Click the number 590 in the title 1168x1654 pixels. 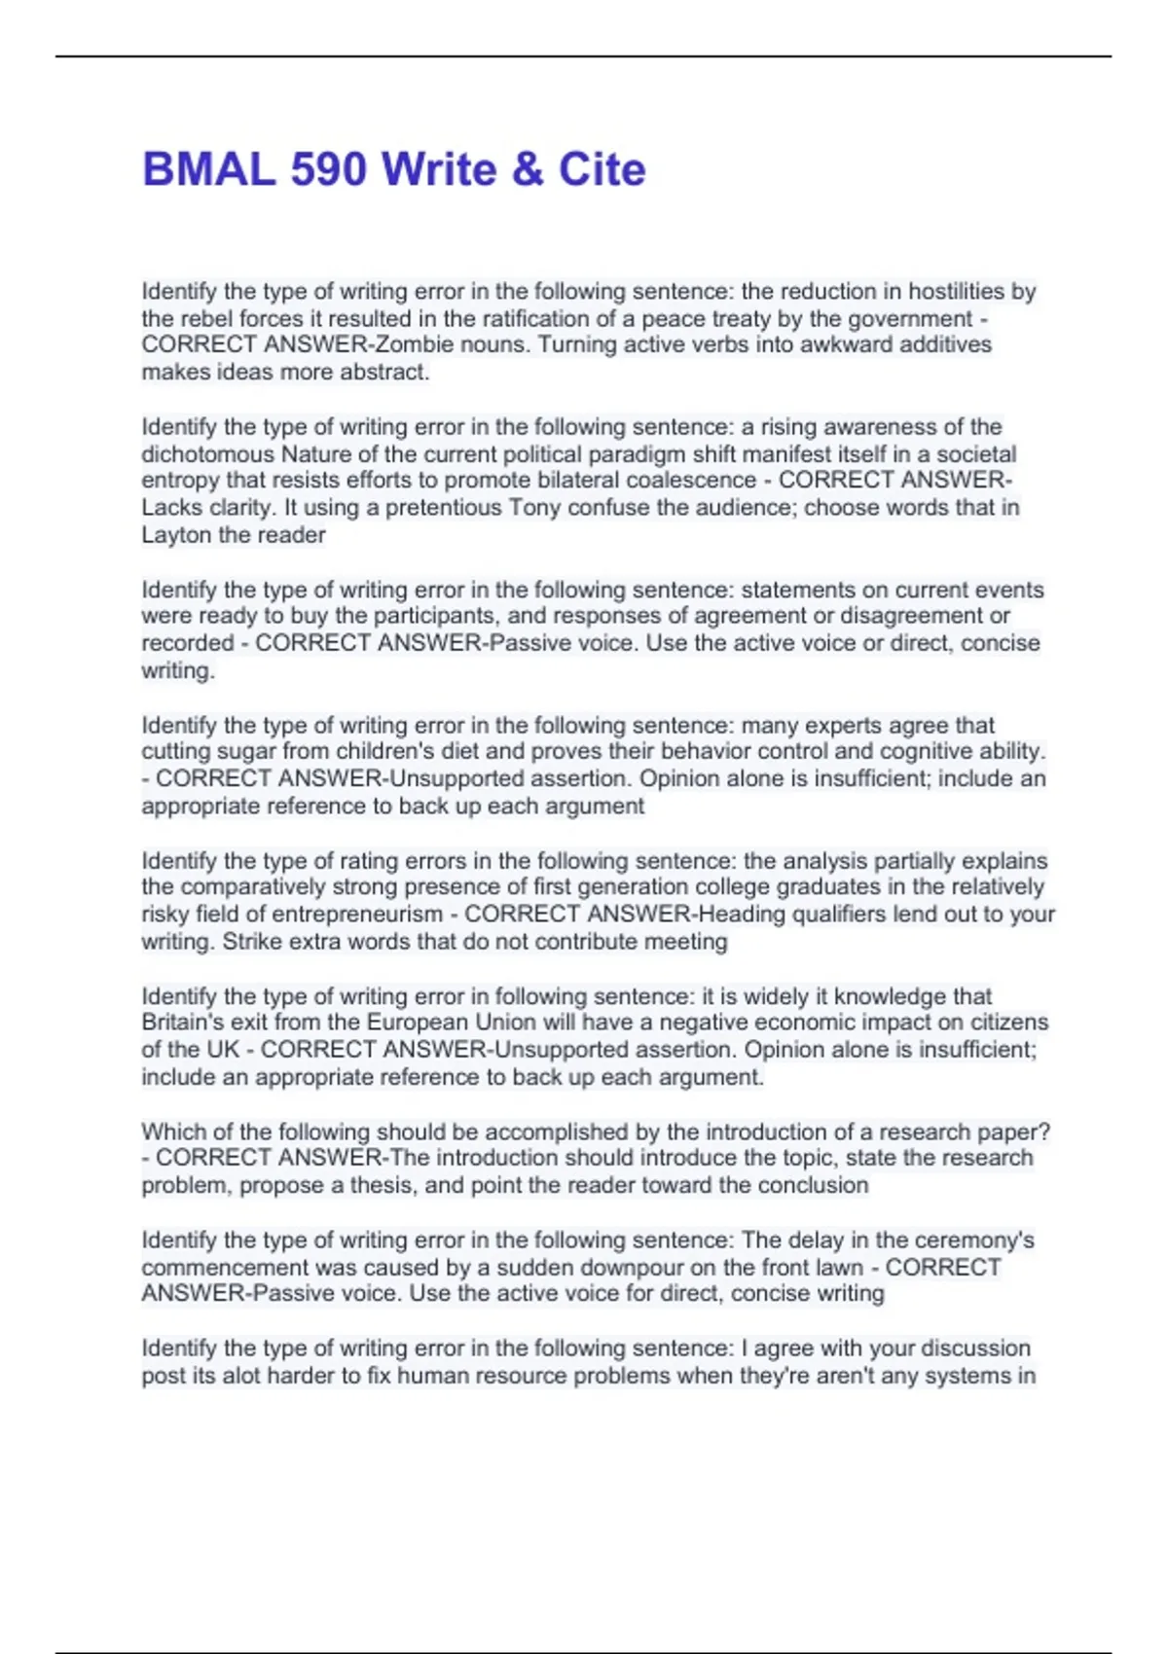pos(328,169)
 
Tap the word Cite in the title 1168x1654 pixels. pos(602,169)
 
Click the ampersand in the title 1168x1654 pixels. pos(527,169)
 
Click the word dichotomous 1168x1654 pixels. pos(207,454)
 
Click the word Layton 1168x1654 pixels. pos(176,534)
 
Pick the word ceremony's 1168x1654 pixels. pos(974,1240)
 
